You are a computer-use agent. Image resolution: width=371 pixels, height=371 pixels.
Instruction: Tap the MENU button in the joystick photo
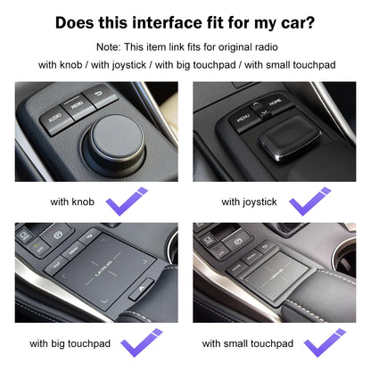point(243,117)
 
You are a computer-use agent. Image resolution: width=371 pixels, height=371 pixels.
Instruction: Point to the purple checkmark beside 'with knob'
point(127,201)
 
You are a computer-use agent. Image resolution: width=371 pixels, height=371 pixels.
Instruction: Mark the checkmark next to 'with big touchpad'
point(143,342)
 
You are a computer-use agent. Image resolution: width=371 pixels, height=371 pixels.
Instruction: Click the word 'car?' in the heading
point(295,22)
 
